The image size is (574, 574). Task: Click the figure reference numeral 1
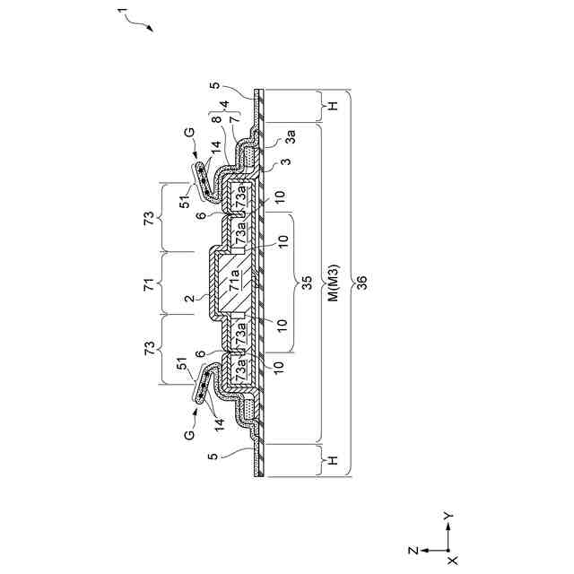coord(123,12)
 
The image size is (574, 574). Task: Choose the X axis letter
coord(452,560)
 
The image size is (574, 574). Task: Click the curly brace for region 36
coord(351,284)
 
